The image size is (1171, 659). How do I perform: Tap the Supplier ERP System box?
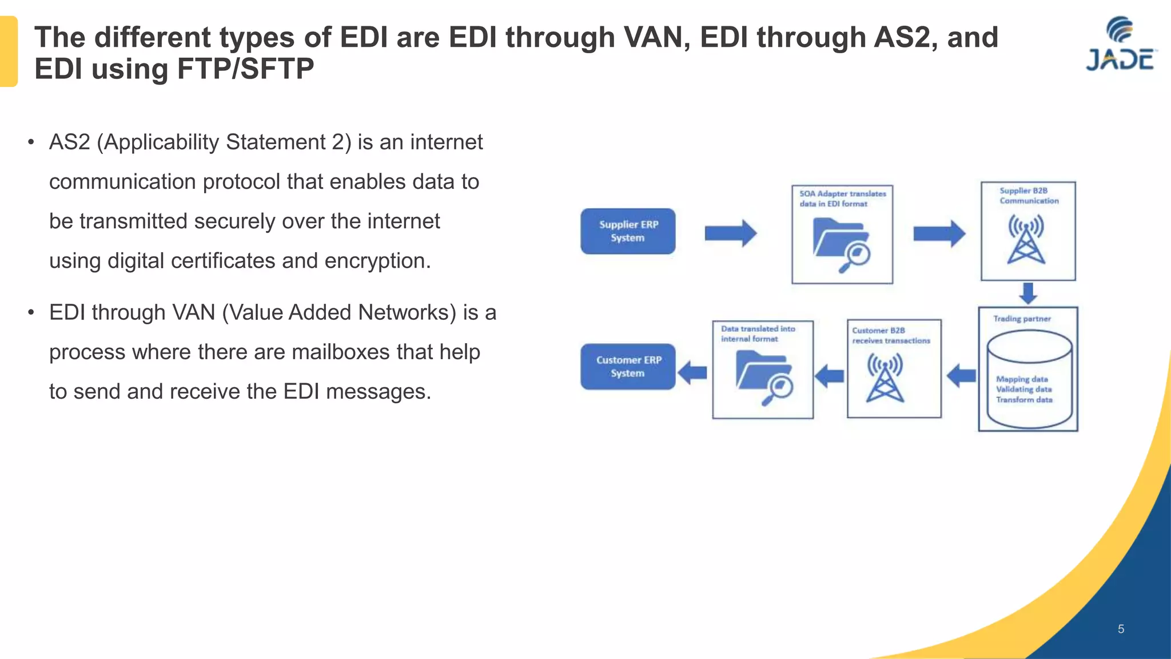pyautogui.click(x=628, y=231)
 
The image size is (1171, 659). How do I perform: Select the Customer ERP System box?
pyautogui.click(x=628, y=367)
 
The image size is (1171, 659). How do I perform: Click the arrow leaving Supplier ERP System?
pyautogui.click(x=730, y=233)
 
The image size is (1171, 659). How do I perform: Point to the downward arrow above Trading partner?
pyautogui.click(x=1028, y=293)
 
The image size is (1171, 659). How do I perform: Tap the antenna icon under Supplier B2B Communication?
pyautogui.click(x=1026, y=240)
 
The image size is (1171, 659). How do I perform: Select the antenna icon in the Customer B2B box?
pyautogui.click(x=885, y=378)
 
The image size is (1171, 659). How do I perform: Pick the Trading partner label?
pyautogui.click(x=1022, y=319)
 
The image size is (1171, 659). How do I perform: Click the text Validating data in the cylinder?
pyautogui.click(x=1023, y=389)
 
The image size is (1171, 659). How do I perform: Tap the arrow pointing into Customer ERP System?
pyautogui.click(x=692, y=374)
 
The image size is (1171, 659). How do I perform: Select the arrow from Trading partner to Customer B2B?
pyautogui.click(x=961, y=376)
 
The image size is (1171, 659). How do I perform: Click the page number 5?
pyautogui.click(x=1121, y=629)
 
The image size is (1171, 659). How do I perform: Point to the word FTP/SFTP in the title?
pyautogui.click(x=245, y=69)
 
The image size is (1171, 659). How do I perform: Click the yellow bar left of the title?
pyautogui.click(x=9, y=51)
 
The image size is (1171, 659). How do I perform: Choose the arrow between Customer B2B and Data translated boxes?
pyautogui.click(x=829, y=376)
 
